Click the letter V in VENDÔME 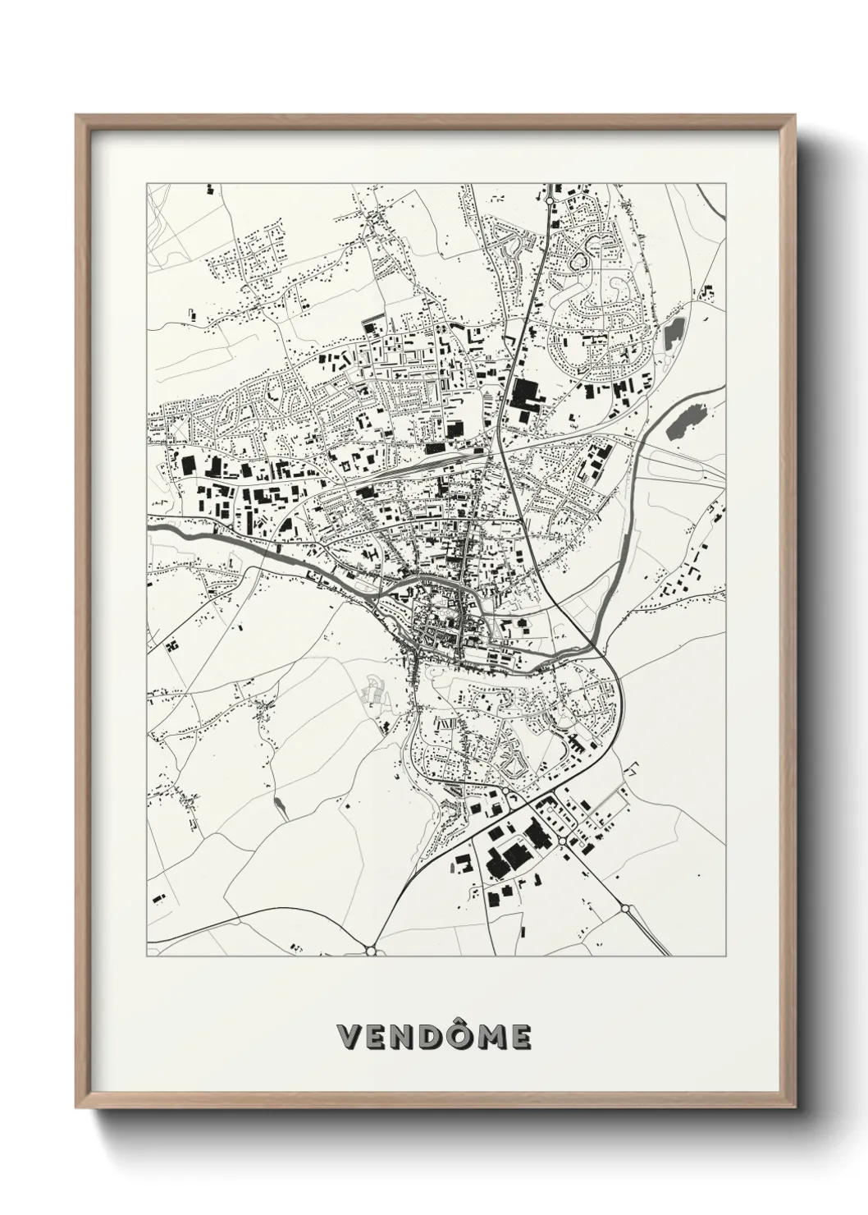pyautogui.click(x=351, y=1038)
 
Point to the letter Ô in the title pyautogui.click(x=466, y=1036)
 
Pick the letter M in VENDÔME pyautogui.click(x=495, y=1038)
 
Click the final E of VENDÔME pyautogui.click(x=521, y=1038)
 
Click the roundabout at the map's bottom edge pyautogui.click(x=371, y=950)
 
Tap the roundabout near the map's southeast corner pyautogui.click(x=625, y=909)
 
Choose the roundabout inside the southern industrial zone pyautogui.click(x=562, y=842)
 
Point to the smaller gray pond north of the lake pyautogui.click(x=675, y=332)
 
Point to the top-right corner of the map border pyautogui.click(x=727, y=182)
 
